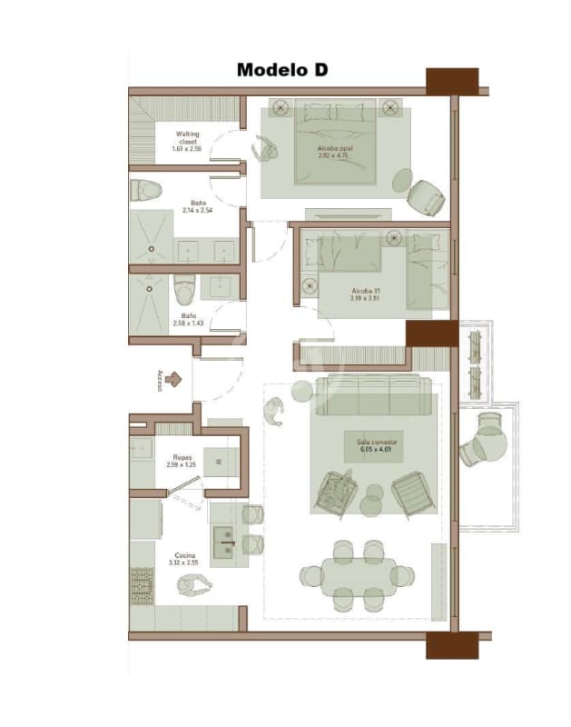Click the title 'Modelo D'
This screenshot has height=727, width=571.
point(281,70)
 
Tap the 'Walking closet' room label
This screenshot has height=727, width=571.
point(188,137)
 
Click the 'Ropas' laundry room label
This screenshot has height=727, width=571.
point(182,458)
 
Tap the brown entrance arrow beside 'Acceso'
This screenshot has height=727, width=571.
point(174,380)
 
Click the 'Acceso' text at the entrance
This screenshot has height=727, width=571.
point(159,380)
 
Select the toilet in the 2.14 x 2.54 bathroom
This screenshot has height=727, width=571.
point(145,191)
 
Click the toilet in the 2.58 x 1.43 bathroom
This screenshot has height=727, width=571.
point(184,289)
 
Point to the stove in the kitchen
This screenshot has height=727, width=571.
point(142,586)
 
